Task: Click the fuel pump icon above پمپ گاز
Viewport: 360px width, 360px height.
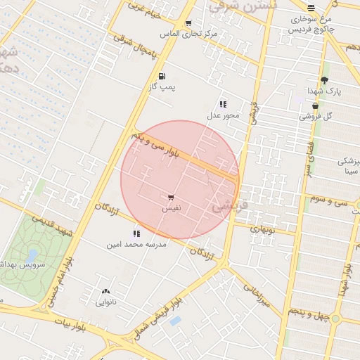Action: click(162, 76)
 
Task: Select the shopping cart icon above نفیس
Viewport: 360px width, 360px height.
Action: click(171, 198)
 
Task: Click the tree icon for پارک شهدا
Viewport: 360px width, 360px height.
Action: click(323, 80)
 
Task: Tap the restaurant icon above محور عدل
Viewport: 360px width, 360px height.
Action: click(223, 104)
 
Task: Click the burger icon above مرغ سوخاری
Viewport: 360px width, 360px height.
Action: click(311, 8)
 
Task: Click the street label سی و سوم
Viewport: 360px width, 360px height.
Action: click(331, 201)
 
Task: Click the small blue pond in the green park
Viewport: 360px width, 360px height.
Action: click(32, 255)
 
